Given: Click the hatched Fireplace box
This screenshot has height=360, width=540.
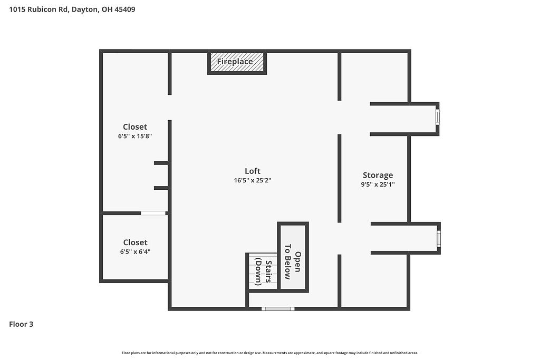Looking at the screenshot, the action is coord(237,62).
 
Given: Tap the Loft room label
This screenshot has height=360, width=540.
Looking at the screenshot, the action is coord(253,171).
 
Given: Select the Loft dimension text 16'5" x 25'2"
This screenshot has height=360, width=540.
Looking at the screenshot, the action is coord(253,180).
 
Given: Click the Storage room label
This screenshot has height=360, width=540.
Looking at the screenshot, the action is coord(378,176).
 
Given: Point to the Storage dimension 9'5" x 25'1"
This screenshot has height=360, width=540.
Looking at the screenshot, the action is coord(378,184).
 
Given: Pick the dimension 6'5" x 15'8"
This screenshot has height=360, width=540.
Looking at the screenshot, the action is coord(135,136).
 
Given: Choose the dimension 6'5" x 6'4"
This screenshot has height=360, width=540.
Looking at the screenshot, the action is coord(136,251).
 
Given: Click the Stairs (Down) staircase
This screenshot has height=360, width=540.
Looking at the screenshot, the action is coord(263,271).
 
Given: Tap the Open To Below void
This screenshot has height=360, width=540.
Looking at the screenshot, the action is coord(293,257).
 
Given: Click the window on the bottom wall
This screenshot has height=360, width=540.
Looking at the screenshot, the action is coord(278,309).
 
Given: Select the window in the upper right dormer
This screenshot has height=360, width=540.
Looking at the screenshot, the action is coord(438,117).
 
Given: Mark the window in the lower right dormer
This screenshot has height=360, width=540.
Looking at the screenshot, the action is coord(439,239).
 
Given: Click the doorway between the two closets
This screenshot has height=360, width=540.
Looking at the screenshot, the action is coord(153,213).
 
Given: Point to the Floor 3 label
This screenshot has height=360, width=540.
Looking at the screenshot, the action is coord(21,324).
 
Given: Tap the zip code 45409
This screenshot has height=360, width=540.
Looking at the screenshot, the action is coord(124,9).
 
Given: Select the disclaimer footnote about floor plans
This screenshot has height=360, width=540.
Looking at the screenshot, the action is coord(270,353).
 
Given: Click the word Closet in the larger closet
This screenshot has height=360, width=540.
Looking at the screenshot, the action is coord(135,127).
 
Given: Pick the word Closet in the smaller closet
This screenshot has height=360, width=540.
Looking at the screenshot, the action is coord(136,242).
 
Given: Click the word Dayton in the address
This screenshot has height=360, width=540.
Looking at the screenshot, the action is coord(85,9).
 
